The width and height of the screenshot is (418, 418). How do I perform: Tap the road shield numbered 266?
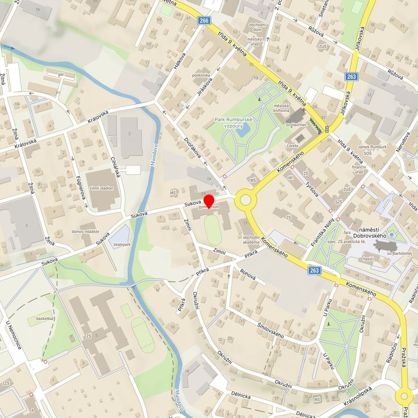tap(203, 20)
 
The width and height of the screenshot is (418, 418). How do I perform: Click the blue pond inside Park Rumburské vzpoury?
tap(243, 131)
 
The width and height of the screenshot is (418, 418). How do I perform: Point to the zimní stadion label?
tap(101, 189)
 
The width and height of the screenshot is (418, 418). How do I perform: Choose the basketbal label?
tap(45, 318)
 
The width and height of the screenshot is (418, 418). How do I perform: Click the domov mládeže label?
tap(86, 232)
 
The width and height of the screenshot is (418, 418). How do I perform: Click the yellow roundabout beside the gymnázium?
tap(245, 201)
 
